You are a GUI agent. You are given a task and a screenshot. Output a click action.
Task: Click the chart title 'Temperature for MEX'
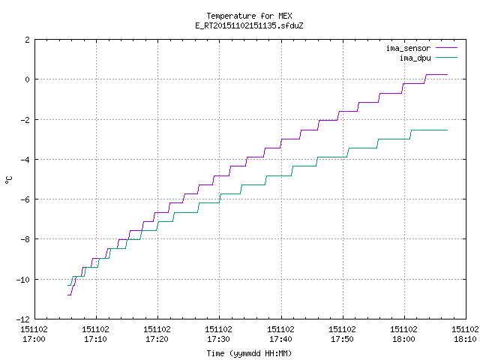click(249, 16)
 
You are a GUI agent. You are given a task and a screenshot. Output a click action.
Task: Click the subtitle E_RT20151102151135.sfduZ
click(249, 25)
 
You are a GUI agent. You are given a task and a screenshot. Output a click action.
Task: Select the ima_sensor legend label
click(408, 48)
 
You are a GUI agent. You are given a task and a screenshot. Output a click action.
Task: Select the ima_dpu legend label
click(415, 58)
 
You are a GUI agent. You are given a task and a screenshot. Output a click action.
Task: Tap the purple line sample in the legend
click(446, 48)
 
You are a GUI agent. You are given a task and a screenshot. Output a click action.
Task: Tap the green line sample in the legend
click(446, 57)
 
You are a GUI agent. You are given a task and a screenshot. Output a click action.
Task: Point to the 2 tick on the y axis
click(28, 40)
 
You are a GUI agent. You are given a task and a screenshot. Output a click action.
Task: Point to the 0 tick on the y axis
click(28, 79)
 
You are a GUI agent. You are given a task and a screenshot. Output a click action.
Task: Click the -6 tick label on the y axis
click(25, 199)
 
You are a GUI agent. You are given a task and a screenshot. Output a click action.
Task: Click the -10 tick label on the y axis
click(23, 280)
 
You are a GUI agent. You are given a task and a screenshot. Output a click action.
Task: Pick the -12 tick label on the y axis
click(23, 319)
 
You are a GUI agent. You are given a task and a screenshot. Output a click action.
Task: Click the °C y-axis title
click(8, 180)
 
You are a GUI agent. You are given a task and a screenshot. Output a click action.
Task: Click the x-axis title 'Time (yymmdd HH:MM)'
click(249, 353)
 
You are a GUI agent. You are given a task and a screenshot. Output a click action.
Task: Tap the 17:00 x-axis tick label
click(34, 339)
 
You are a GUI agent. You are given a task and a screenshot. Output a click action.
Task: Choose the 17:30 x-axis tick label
click(218, 339)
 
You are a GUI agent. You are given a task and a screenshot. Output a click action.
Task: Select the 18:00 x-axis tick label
click(403, 339)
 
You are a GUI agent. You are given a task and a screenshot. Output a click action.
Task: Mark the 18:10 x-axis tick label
click(465, 339)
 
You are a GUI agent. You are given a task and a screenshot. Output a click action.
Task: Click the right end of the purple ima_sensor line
click(447, 74)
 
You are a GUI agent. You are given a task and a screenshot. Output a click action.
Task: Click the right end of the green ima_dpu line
click(447, 130)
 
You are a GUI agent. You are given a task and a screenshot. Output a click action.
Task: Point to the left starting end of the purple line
click(68, 295)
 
